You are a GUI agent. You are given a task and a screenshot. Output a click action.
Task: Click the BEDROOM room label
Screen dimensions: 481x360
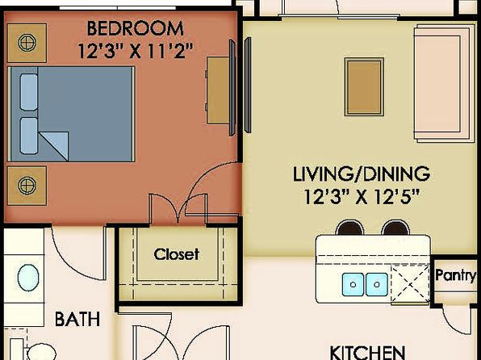click(x=136, y=28)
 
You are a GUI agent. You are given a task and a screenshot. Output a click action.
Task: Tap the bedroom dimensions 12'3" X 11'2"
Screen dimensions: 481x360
click(x=136, y=50)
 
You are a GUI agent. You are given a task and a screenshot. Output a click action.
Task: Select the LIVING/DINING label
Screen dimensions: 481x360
click(x=362, y=174)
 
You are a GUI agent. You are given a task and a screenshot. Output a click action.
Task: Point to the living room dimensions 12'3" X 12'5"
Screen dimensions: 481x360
click(x=362, y=197)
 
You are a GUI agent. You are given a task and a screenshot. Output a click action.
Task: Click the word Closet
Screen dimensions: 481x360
click(x=177, y=254)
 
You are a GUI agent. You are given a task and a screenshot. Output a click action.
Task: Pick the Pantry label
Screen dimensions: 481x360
click(x=456, y=275)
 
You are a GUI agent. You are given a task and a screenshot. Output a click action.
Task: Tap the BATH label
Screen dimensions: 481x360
click(x=77, y=319)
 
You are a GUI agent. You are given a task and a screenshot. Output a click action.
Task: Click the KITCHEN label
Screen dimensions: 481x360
click(x=367, y=353)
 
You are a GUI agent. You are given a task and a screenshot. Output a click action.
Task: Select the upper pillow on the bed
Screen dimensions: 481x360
click(x=29, y=92)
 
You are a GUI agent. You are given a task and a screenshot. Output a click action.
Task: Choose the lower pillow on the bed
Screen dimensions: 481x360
click(x=29, y=136)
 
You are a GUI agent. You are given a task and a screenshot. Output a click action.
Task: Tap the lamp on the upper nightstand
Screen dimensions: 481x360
click(x=27, y=42)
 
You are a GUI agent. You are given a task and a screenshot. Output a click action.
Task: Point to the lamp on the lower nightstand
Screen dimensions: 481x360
click(x=27, y=186)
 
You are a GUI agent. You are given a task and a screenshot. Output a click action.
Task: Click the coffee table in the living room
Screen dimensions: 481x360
click(x=364, y=87)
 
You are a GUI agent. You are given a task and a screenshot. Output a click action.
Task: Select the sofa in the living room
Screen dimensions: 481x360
click(x=442, y=83)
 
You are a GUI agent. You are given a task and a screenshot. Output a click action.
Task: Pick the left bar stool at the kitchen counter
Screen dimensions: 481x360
click(x=349, y=228)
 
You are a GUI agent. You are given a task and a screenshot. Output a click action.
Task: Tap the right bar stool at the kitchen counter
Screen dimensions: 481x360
click(x=395, y=228)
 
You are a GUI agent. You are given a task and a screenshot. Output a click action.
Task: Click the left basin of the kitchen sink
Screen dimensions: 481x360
click(x=353, y=284)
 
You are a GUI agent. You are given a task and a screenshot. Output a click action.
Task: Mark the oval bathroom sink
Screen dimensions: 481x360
click(x=28, y=278)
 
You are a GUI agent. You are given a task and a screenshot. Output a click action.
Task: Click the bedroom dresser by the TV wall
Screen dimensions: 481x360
click(x=218, y=90)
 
